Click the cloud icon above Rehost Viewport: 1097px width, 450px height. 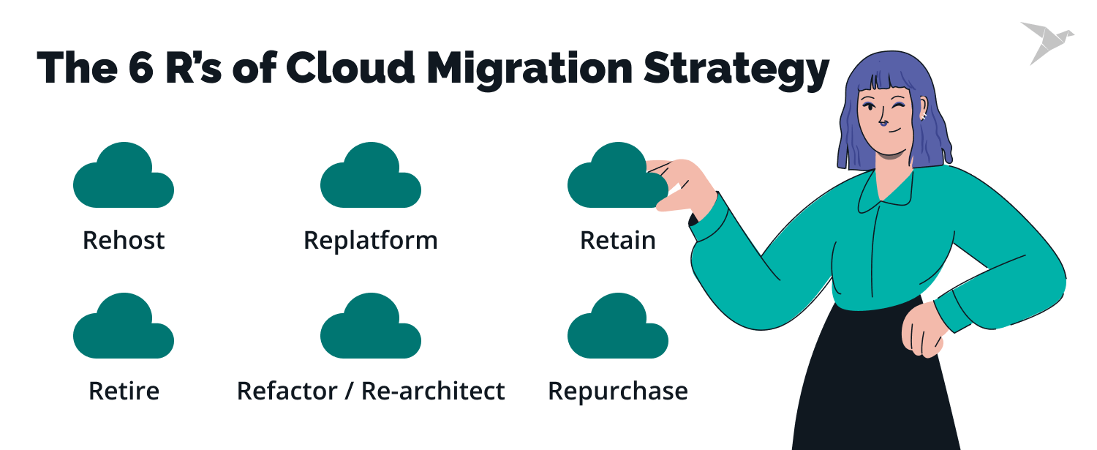pyautogui.click(x=124, y=178)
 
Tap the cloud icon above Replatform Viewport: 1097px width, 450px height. pyautogui.click(x=371, y=178)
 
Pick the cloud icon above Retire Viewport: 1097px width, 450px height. pyautogui.click(x=124, y=329)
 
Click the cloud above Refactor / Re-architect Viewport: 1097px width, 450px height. pyautogui.click(x=371, y=329)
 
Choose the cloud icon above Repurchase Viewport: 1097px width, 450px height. pyautogui.click(x=618, y=329)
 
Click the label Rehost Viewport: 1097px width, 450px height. pyautogui.click(x=124, y=240)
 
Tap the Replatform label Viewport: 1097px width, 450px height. pyautogui.click(x=371, y=240)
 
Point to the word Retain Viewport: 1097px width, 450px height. pyautogui.click(x=618, y=240)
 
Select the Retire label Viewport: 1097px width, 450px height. pyautogui.click(x=124, y=391)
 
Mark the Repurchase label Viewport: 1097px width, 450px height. pyautogui.click(x=618, y=391)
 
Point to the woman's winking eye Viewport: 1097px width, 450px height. pyautogui.click(x=897, y=108)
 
